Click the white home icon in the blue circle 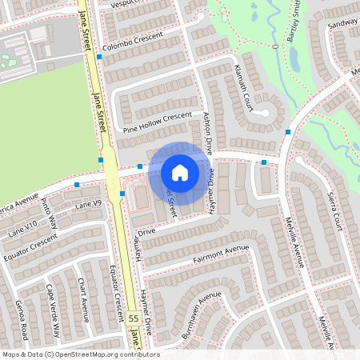(x=179, y=173)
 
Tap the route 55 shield (x=133, y=318)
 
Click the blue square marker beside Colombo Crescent (x=98, y=57)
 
